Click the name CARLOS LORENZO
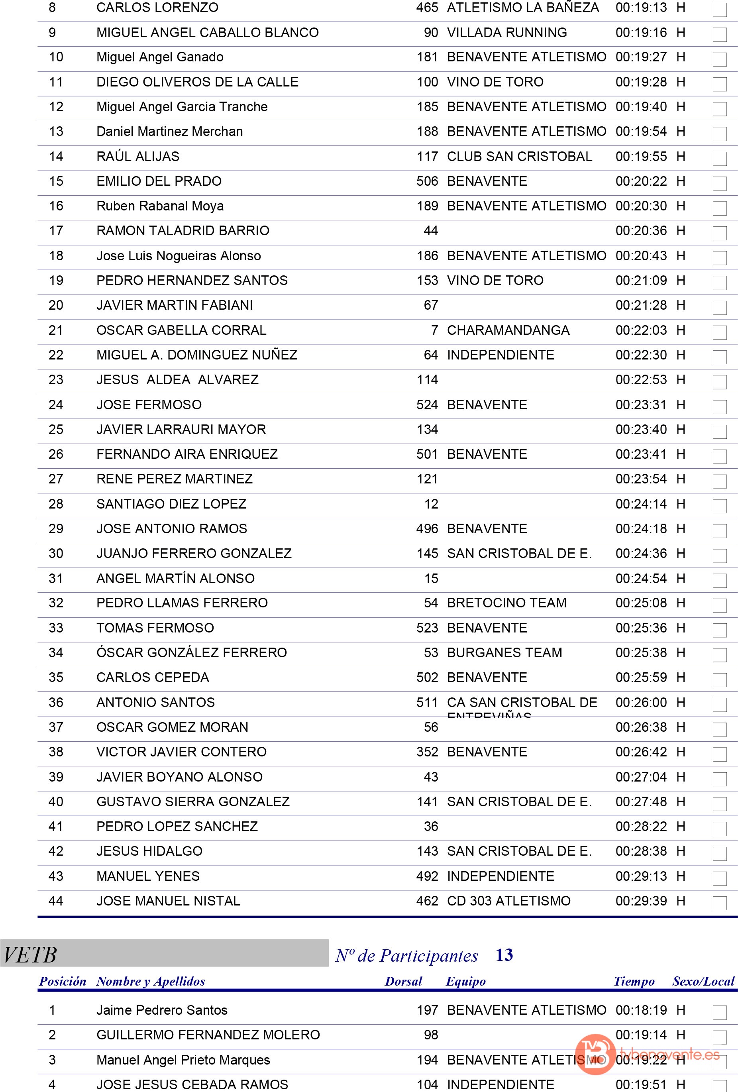pos(157,8)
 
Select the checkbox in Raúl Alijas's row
pos(719,158)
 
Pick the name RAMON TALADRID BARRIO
pos(183,231)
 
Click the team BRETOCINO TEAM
pos(506,603)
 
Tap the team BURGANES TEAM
pos(504,653)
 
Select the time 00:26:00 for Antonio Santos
pos(641,703)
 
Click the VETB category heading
pos(30,955)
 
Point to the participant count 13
pos(504,955)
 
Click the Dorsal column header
pos(403,982)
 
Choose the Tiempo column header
pos(634,982)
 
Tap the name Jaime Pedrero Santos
pos(162,1010)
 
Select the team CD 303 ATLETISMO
pos(508,901)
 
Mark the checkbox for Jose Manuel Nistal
pos(719,903)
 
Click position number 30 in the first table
pos(55,554)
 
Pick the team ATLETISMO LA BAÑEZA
pos(522,8)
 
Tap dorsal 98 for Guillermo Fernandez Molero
pos(430,1035)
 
